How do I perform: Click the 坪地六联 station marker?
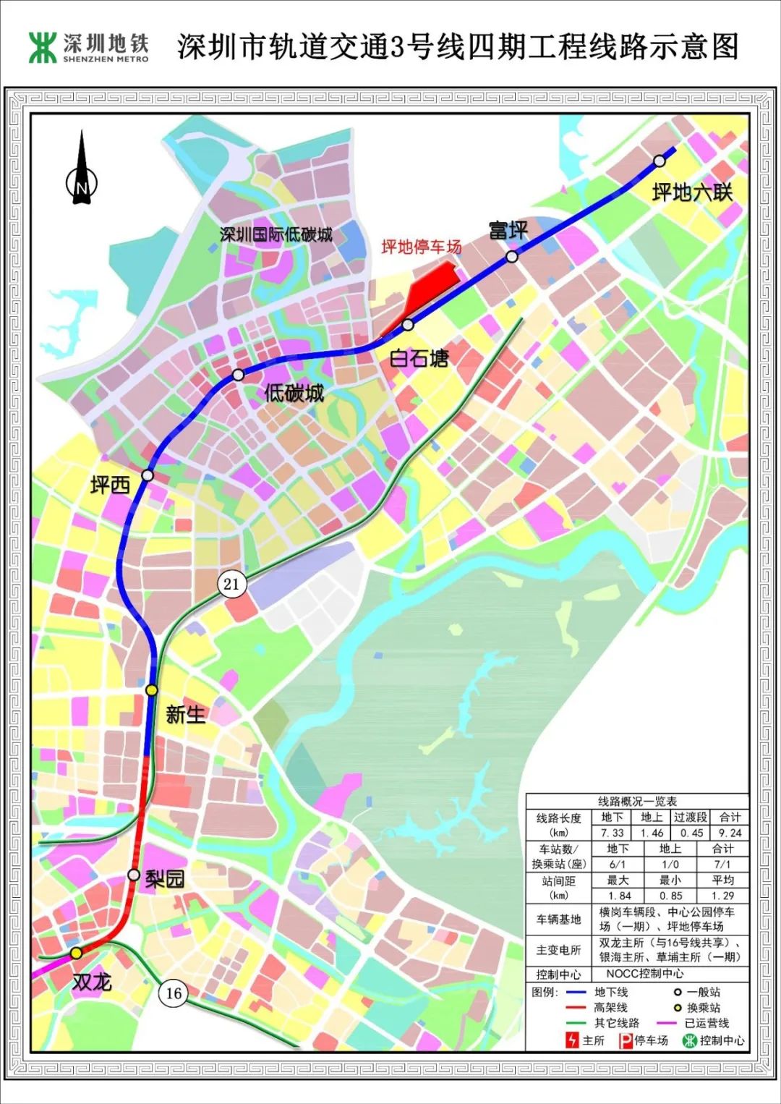[x=659, y=161]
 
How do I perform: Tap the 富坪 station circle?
[x=512, y=256]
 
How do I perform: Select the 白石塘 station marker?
[x=408, y=324]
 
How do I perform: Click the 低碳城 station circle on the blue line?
[x=238, y=375]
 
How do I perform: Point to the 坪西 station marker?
[x=148, y=475]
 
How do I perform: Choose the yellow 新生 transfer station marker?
[x=151, y=690]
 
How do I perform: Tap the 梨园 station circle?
[x=134, y=875]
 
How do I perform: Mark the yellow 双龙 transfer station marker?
[x=76, y=954]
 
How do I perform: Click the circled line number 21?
[x=231, y=583]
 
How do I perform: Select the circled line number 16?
[x=174, y=993]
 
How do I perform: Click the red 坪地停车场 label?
[x=422, y=247]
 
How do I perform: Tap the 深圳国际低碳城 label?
[x=276, y=234]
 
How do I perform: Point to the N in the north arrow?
[x=82, y=187]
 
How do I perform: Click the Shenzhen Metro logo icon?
[x=43, y=47]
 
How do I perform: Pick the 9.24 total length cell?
[x=730, y=833]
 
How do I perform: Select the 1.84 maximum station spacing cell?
[x=619, y=896]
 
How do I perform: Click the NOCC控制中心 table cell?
[x=645, y=974]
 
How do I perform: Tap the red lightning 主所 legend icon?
[x=573, y=1040]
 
